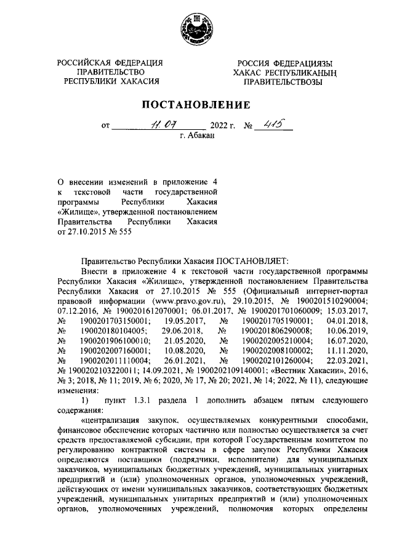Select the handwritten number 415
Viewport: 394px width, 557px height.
point(268,124)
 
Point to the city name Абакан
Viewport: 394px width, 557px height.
point(201,137)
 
